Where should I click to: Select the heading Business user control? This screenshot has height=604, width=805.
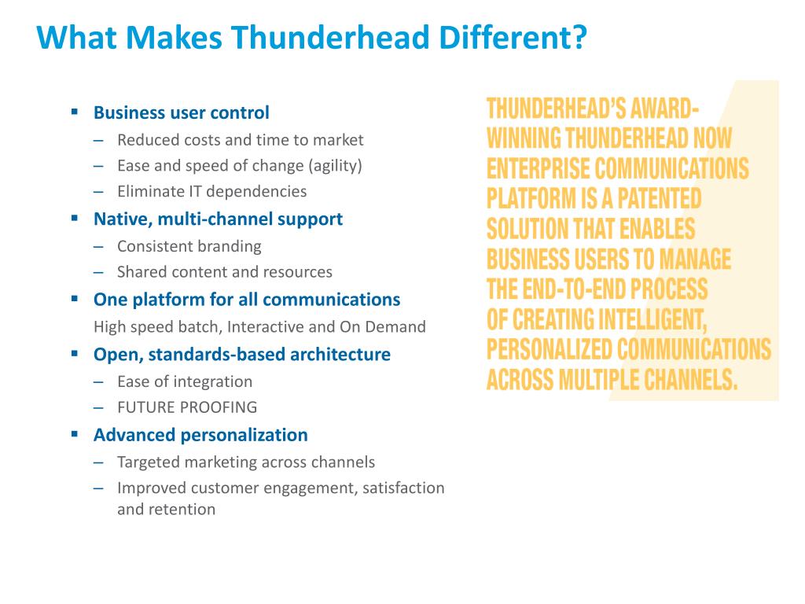[181, 112]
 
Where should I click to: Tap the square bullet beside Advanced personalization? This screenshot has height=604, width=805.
[75, 433]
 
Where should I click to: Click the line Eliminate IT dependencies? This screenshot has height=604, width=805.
[211, 191]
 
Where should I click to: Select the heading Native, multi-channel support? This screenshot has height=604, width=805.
[218, 219]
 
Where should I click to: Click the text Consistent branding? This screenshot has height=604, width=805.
[189, 246]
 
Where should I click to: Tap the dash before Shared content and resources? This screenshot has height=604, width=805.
[98, 272]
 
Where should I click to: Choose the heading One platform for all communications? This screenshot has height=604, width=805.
[246, 300]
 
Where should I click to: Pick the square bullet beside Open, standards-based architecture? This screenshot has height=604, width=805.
[75, 353]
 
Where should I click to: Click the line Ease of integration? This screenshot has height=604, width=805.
[185, 381]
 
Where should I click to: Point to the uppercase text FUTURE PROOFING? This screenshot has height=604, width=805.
[187, 407]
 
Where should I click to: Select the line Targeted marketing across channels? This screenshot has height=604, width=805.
[246, 462]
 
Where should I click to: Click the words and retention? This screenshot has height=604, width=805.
[166, 509]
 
